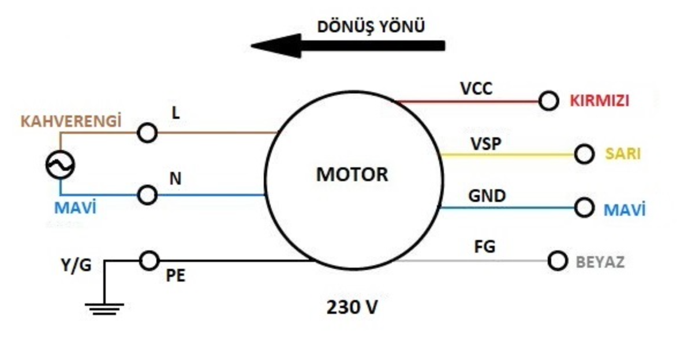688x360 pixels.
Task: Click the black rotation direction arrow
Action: pos(347,46)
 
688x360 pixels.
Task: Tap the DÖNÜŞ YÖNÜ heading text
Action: pos(371,27)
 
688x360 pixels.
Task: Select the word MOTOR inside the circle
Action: pos(352,174)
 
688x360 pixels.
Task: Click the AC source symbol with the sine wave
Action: pos(60,165)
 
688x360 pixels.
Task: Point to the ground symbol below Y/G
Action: pos(104,309)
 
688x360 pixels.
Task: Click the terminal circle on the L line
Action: pos(147,133)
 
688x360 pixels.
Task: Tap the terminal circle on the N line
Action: pos(147,194)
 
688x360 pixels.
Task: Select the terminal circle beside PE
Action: pos(149,261)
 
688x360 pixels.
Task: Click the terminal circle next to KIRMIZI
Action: pos(548,101)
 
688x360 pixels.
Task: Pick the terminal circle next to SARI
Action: pos(584,154)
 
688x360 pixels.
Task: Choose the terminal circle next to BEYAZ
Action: pos(557,261)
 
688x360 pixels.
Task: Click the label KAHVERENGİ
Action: pos(71,121)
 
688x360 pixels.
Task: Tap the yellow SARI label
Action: pos(623,154)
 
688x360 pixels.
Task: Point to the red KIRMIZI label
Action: pos(599,101)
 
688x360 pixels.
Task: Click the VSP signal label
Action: pos(486,144)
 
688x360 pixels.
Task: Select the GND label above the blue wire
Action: pos(487,196)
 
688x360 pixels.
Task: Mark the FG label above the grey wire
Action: pos(484,247)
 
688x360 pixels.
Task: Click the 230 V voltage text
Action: pos(352,307)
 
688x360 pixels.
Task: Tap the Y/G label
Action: pos(76,265)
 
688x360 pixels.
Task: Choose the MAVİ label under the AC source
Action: pos(75,208)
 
